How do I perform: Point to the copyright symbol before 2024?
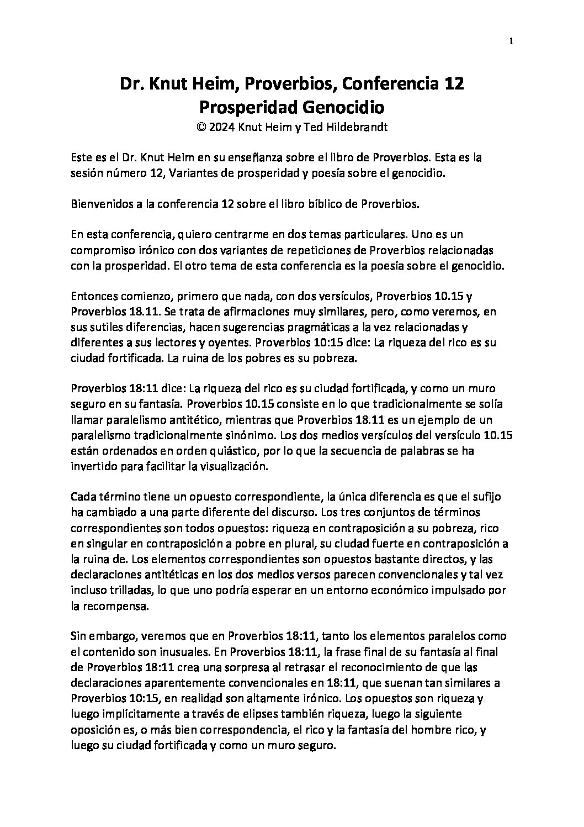201,126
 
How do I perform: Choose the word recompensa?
114,590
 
